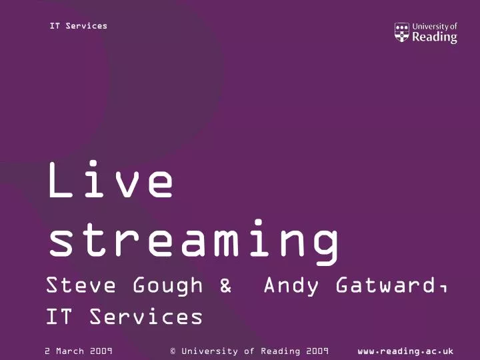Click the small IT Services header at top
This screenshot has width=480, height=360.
click(78, 26)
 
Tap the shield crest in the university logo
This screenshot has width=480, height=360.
click(401, 33)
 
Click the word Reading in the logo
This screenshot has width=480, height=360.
click(435, 37)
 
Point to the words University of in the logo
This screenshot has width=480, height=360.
click(435, 27)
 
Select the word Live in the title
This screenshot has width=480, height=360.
click(110, 181)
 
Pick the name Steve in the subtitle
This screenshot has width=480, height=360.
click(81, 286)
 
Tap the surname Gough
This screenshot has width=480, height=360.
click(167, 286)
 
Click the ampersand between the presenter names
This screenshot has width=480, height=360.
click(225, 286)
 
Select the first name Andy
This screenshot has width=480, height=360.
click(289, 286)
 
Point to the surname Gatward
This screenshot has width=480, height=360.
click(385, 286)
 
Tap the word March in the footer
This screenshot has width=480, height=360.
click(70, 351)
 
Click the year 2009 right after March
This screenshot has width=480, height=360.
click(100, 351)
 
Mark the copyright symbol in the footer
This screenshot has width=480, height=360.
click(173, 351)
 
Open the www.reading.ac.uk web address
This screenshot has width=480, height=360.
click(405, 351)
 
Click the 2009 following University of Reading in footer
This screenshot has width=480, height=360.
click(317, 351)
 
